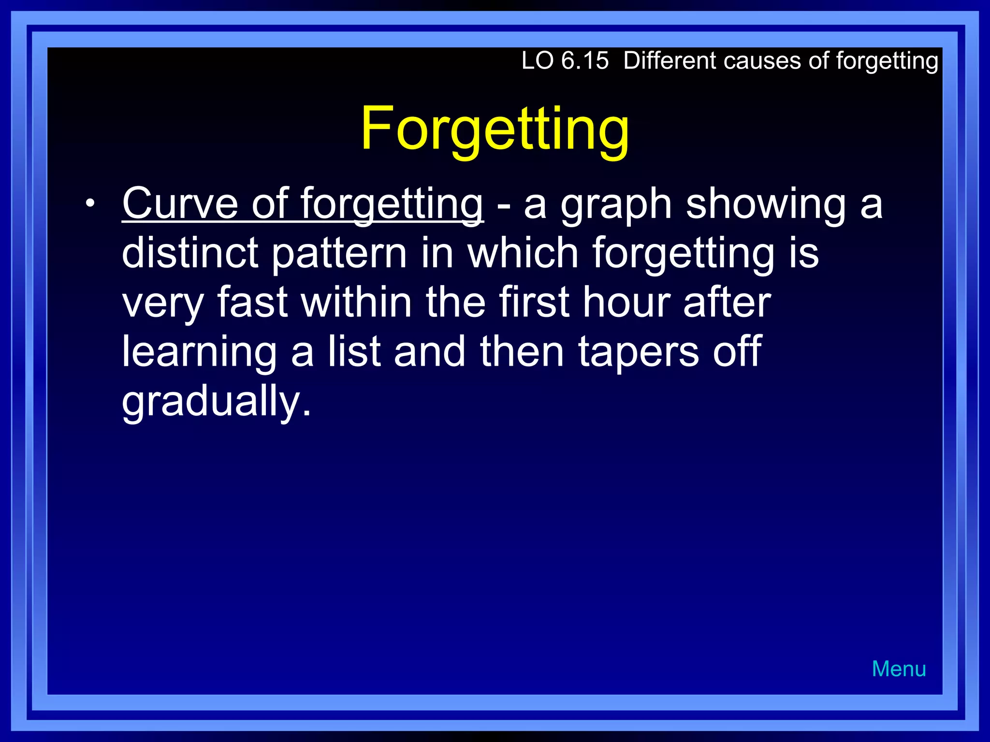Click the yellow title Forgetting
(495, 129)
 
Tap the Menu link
(899, 669)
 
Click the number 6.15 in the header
(585, 61)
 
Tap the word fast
(253, 302)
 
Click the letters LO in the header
(537, 61)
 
